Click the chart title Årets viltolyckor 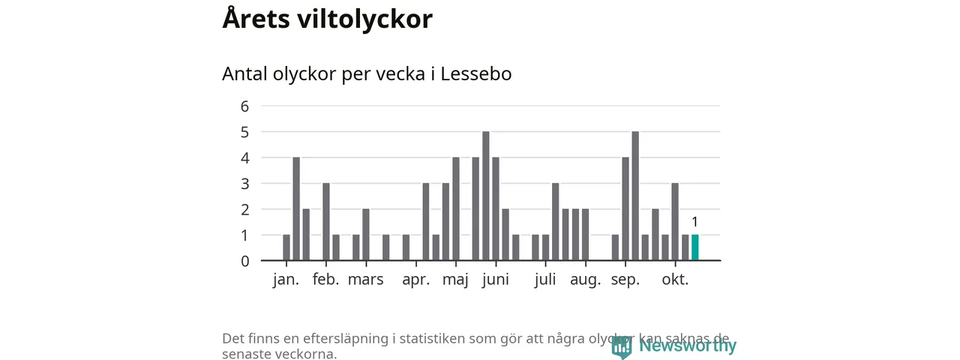point(327,19)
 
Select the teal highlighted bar point(694,247)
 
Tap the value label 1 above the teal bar point(694,222)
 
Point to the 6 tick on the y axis point(244,106)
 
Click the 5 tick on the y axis point(244,132)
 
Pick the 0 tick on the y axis point(244,261)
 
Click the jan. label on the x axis point(286,280)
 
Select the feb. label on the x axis point(325,280)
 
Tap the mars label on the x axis point(365,280)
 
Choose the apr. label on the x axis point(415,280)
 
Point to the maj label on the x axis point(455,280)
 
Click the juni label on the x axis point(495,280)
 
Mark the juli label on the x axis point(545,280)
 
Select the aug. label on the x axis point(585,280)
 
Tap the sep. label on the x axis point(625,280)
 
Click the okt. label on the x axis point(675,280)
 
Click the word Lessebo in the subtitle point(476,74)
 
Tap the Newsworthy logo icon point(621,346)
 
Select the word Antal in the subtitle point(244,74)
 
